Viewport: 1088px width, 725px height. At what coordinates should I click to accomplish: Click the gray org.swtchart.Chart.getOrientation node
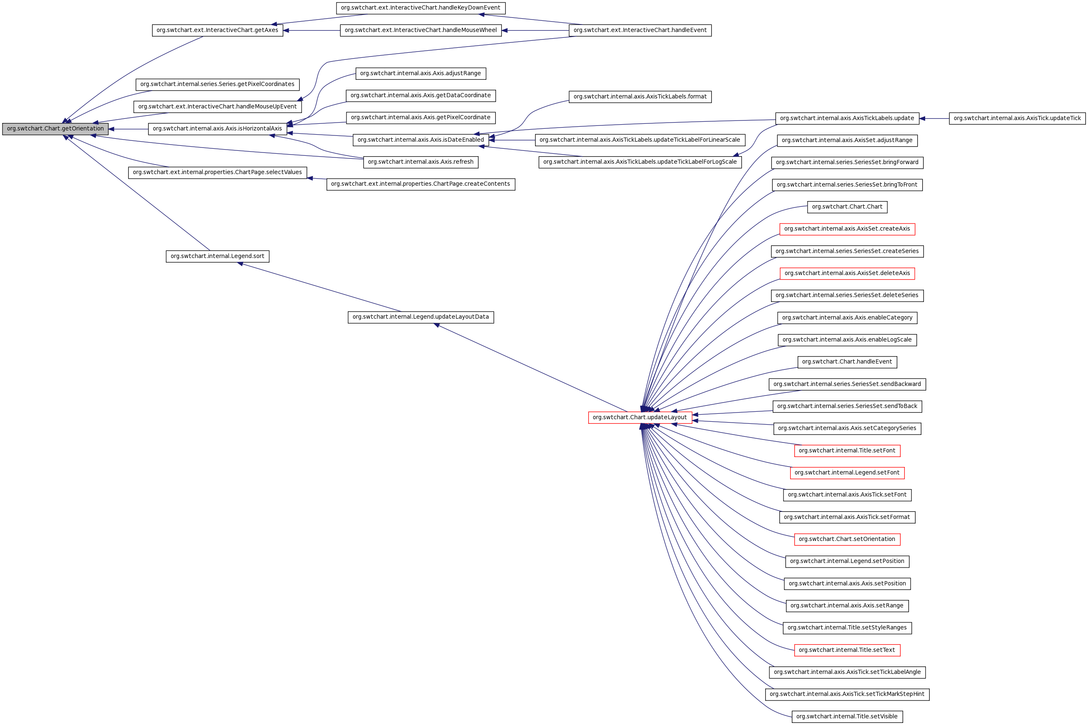[x=55, y=129]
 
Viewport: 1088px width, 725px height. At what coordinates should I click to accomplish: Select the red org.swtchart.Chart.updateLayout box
[x=640, y=418]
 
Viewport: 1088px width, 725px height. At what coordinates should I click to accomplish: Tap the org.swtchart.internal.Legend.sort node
[x=217, y=256]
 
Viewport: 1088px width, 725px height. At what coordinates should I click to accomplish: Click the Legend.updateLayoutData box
[x=420, y=317]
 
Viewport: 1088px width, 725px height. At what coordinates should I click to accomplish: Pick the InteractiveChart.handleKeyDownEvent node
[x=420, y=8]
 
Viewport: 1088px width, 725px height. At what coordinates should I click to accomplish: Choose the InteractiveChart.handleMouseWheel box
[x=420, y=30]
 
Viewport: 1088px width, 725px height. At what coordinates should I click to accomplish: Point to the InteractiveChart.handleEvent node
[x=640, y=30]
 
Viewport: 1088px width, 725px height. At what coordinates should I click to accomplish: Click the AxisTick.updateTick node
[x=1017, y=118]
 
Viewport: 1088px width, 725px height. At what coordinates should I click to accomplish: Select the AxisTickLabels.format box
[x=640, y=97]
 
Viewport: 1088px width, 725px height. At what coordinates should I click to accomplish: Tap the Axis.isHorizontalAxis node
[x=217, y=129]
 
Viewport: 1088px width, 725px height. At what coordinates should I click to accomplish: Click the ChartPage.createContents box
[x=420, y=184]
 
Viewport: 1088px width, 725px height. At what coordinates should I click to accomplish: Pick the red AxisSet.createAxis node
[x=847, y=229]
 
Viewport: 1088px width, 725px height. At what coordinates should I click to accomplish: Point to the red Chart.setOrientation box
[x=847, y=539]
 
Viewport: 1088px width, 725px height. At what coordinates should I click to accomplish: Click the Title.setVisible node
[x=847, y=717]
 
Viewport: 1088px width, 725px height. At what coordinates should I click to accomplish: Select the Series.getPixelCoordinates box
[x=217, y=84]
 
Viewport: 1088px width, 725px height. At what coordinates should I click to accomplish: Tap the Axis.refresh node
[x=420, y=162]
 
